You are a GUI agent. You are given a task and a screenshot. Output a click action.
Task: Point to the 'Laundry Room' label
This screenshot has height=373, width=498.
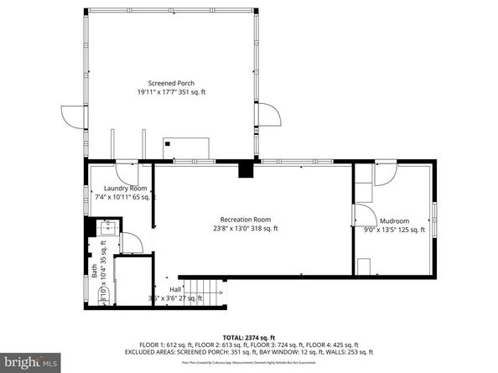(125, 189)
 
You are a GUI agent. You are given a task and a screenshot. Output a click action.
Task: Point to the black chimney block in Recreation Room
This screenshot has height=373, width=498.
(245, 170)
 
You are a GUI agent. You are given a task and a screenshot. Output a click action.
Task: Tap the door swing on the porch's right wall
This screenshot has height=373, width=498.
(266, 117)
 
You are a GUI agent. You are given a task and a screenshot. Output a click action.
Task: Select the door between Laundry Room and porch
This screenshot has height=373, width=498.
(125, 172)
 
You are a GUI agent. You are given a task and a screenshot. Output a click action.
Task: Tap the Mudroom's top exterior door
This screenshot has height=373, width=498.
(385, 174)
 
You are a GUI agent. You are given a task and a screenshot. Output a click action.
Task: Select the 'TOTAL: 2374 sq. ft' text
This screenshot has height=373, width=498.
(248, 334)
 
